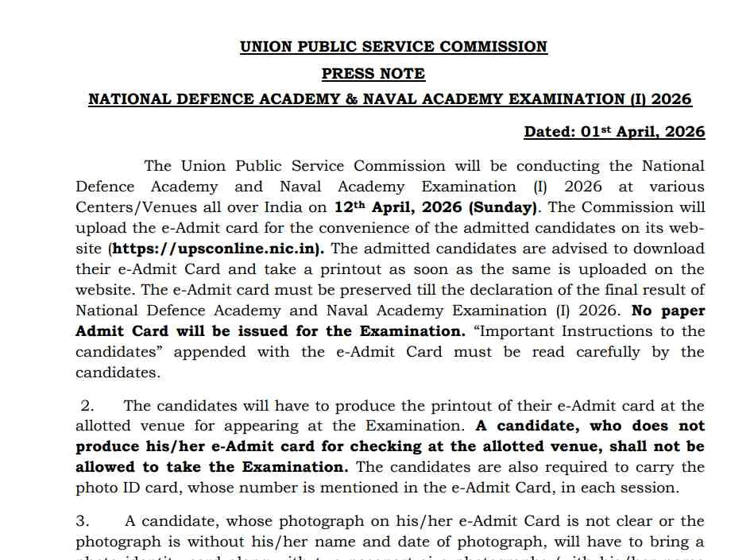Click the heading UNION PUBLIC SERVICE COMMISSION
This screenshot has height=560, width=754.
393,47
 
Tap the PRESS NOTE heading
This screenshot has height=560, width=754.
373,74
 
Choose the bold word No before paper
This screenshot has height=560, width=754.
642,311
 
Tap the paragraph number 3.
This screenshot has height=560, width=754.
83,522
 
